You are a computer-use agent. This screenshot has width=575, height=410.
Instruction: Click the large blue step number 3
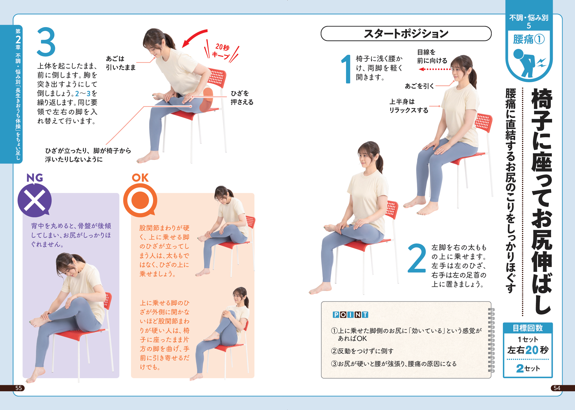pyautogui.click(x=46, y=42)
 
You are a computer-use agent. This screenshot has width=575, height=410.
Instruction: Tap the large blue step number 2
pyautogui.click(x=417, y=258)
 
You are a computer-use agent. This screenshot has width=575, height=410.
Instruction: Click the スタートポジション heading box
pyautogui.click(x=406, y=33)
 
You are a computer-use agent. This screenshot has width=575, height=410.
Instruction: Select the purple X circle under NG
pyautogui.click(x=35, y=200)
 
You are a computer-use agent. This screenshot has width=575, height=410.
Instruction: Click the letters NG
pyautogui.click(x=35, y=178)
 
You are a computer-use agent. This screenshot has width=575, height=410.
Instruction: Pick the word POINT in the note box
pyautogui.click(x=350, y=314)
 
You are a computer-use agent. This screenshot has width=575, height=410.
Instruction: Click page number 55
pyautogui.click(x=19, y=388)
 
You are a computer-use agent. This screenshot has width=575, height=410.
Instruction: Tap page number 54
pyautogui.click(x=557, y=388)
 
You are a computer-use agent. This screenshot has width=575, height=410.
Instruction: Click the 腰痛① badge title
pyautogui.click(x=529, y=39)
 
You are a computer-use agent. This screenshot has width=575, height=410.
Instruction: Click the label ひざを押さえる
pyautogui.click(x=242, y=98)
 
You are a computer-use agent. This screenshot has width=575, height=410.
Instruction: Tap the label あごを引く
pyautogui.click(x=419, y=86)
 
